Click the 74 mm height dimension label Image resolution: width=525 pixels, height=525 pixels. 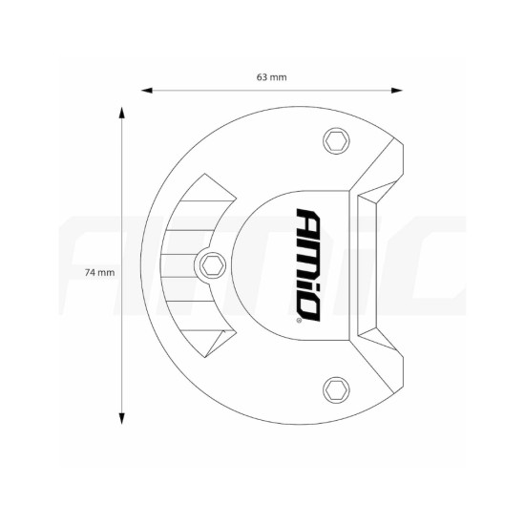[x=99, y=272]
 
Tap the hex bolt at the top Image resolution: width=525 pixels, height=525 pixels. [x=334, y=140]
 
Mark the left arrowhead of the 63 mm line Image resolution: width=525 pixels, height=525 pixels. [x=146, y=92]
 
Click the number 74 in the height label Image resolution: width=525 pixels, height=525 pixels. [x=91, y=272]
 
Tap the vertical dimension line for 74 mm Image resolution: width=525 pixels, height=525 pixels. [x=122, y=191]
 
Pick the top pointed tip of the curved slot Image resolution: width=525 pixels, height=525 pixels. [x=200, y=178]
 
